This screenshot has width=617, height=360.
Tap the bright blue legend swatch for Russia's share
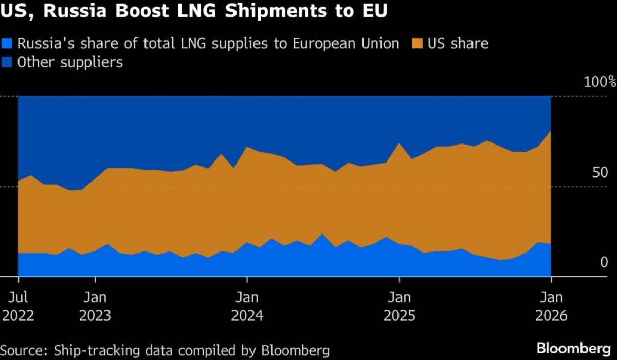click(x=8, y=44)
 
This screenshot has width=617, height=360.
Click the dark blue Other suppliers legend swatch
click(x=8, y=62)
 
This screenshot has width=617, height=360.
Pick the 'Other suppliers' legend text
click(x=70, y=62)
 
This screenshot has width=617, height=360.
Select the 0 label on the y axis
click(x=604, y=263)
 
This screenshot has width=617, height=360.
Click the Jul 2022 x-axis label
click(x=18, y=306)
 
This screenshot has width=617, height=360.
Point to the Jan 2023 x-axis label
click(x=95, y=306)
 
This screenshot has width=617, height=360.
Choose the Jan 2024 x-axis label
click(x=247, y=306)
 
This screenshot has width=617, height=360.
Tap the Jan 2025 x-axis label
click(x=399, y=306)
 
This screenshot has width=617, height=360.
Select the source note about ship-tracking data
click(x=165, y=350)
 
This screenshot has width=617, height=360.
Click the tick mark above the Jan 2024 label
click(x=247, y=280)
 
